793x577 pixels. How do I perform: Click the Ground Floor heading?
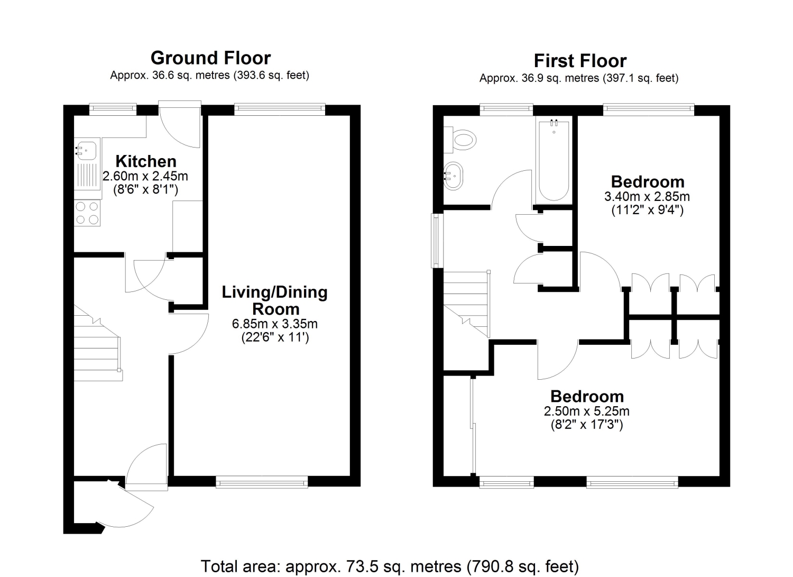click(210, 58)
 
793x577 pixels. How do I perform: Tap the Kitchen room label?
click(146, 161)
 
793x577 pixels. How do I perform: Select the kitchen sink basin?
click(86, 151)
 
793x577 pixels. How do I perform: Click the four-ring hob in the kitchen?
click(87, 213)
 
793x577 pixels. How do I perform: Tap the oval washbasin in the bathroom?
click(454, 176)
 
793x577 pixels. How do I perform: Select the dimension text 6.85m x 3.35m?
click(275, 324)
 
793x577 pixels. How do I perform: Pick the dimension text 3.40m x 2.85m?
click(647, 196)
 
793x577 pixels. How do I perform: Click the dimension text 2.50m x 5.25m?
click(587, 411)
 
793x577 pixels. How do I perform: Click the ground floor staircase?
click(98, 343)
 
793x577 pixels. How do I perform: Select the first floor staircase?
click(467, 304)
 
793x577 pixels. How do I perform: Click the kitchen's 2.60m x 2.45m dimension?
click(145, 176)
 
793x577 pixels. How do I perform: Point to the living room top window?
click(279, 109)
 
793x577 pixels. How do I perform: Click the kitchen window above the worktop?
click(113, 109)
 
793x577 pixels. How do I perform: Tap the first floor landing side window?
click(438, 241)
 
